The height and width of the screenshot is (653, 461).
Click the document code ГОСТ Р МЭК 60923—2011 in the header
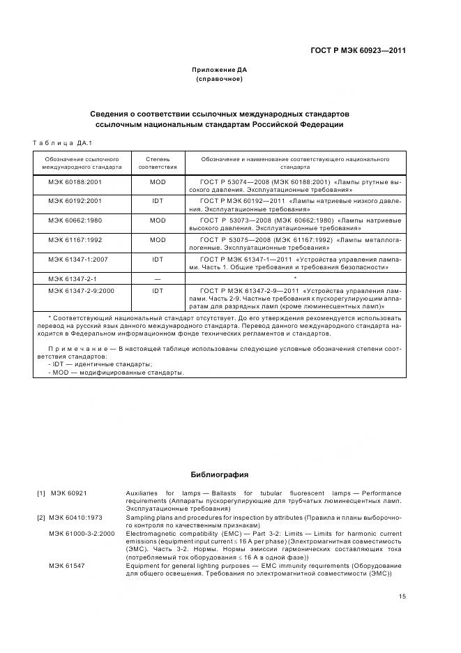(x=358, y=50)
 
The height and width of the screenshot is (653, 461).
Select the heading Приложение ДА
(x=219, y=70)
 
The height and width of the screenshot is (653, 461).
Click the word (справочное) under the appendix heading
(x=219, y=79)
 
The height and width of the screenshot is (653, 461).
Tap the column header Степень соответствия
(x=158, y=163)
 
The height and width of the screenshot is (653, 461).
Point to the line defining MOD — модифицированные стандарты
(x=116, y=373)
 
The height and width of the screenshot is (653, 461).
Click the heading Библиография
(x=219, y=475)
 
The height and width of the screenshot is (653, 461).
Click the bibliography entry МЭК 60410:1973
(x=75, y=518)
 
